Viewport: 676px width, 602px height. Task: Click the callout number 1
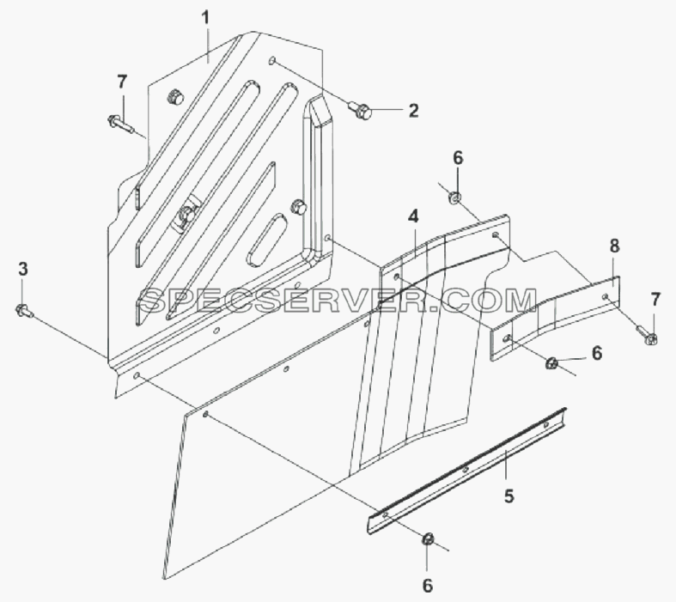[x=205, y=18]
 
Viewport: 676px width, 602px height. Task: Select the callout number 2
[x=413, y=111]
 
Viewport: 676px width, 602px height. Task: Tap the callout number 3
[x=23, y=270]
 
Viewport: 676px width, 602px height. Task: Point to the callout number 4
[x=413, y=216]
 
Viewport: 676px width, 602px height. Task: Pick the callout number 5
[x=509, y=496]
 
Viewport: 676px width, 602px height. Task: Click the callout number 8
[x=614, y=246]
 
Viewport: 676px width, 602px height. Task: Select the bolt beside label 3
[x=24, y=311]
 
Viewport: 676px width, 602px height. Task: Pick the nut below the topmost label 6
[x=455, y=198]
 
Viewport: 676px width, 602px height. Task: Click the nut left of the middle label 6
[x=551, y=364]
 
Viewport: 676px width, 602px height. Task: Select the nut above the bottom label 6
[x=428, y=540]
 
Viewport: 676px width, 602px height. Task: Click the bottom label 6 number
[x=427, y=586]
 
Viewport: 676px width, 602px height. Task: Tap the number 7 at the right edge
[x=655, y=300]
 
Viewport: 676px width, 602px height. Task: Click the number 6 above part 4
[x=458, y=158]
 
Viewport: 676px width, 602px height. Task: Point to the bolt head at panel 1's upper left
[x=174, y=96]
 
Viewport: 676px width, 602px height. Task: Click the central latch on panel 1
[x=186, y=214]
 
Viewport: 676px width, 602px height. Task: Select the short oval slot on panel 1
[x=267, y=240]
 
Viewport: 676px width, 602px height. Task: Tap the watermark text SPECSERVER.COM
[x=338, y=301]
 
